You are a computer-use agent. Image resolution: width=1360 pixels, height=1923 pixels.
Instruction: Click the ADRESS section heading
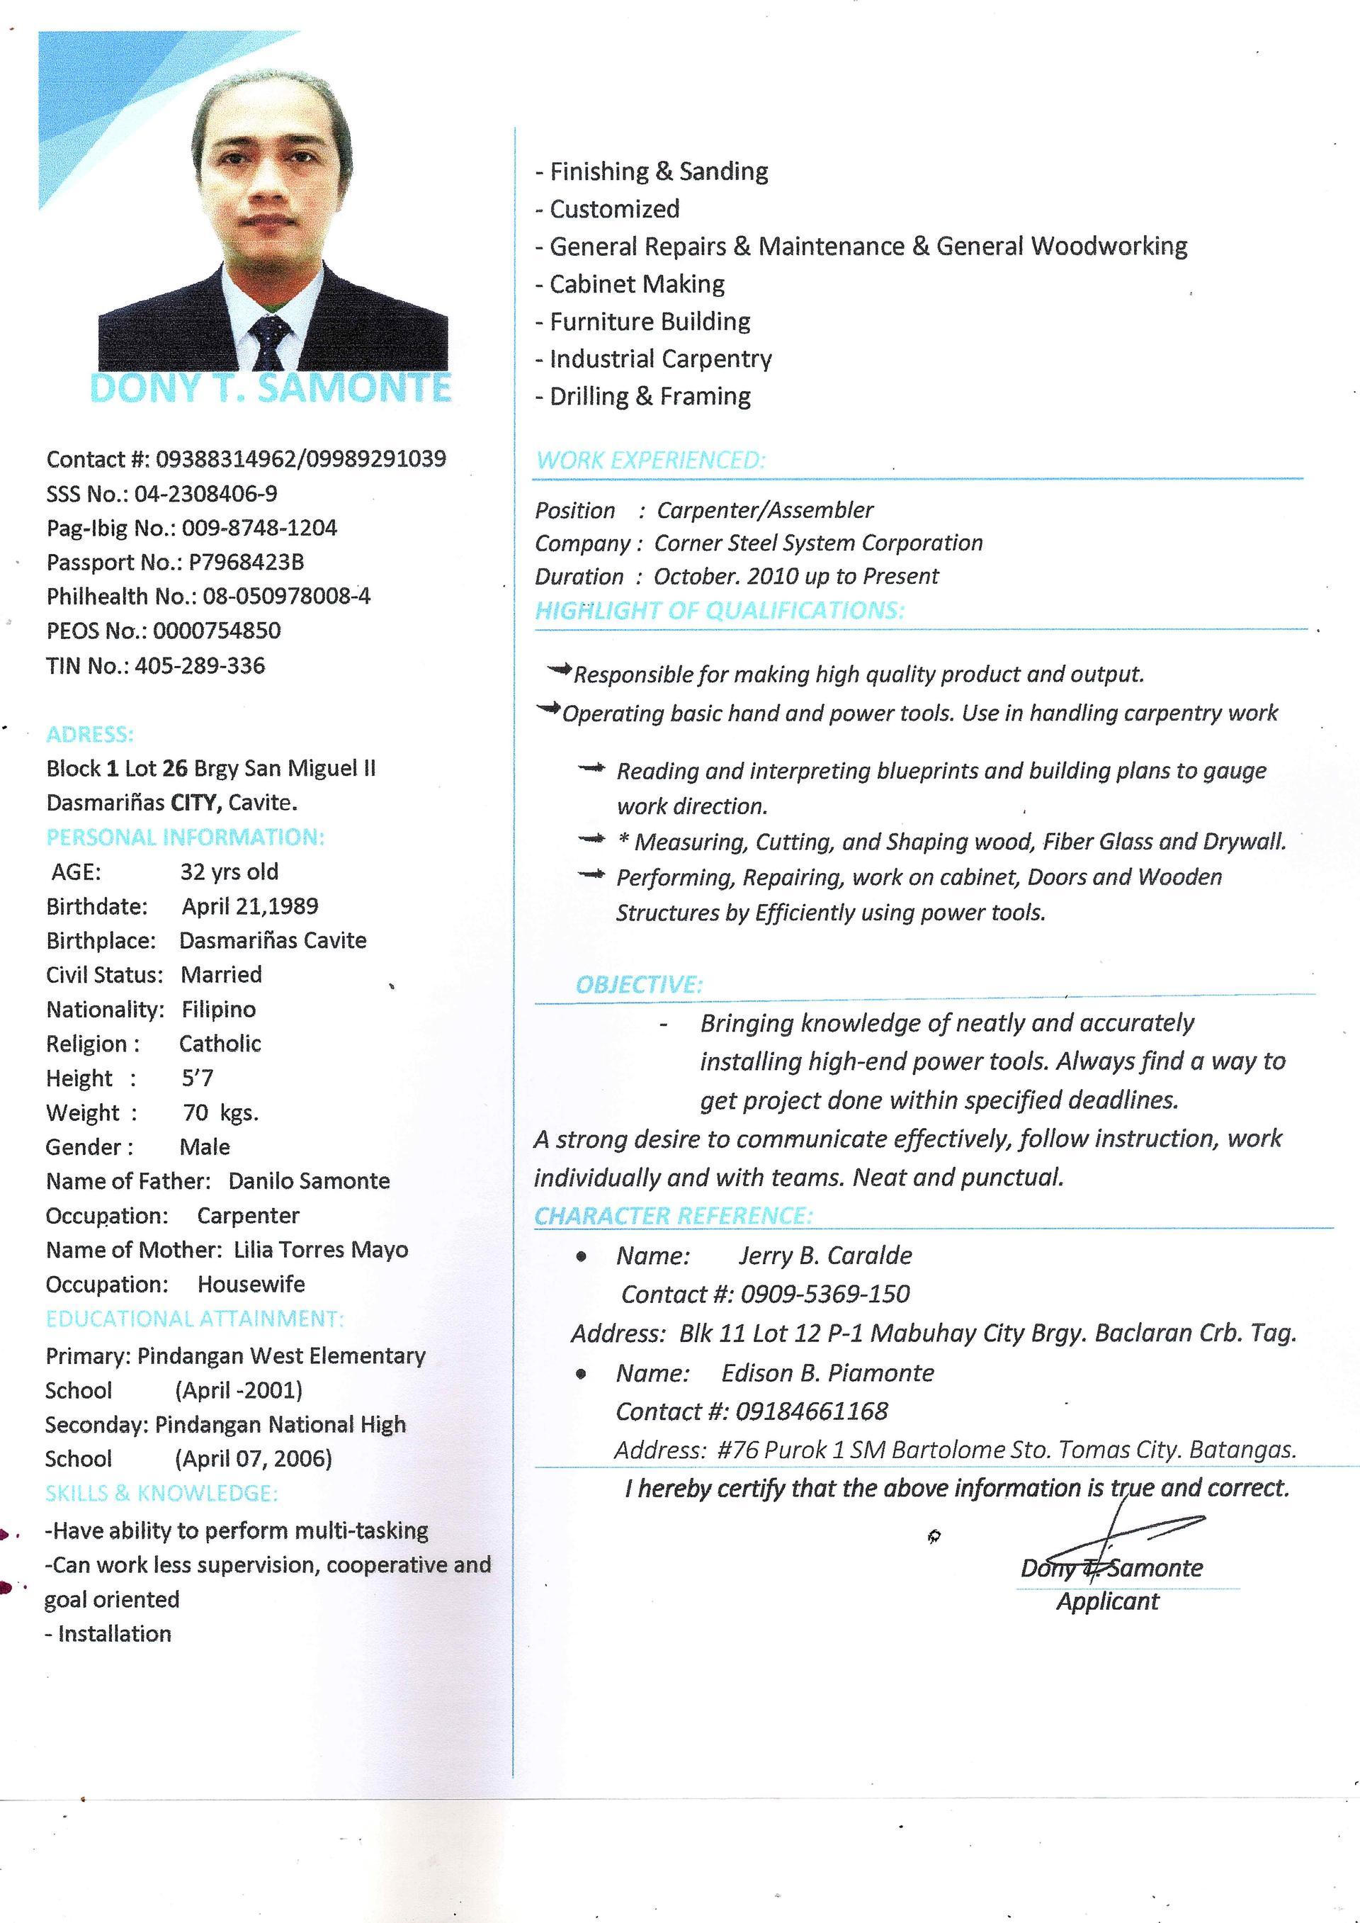tap(90, 735)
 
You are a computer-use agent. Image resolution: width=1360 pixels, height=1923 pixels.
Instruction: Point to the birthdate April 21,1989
tap(250, 906)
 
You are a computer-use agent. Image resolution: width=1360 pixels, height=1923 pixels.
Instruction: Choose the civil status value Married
tap(221, 975)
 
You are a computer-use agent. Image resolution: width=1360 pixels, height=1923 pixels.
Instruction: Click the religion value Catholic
tap(220, 1044)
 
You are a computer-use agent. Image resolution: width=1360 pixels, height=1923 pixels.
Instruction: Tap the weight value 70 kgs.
tap(221, 1112)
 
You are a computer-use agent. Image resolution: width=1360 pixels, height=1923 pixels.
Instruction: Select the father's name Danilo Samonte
tap(309, 1181)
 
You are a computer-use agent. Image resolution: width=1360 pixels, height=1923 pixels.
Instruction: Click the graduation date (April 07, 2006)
tap(254, 1459)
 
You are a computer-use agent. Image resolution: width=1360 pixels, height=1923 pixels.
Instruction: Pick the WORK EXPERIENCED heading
tap(651, 460)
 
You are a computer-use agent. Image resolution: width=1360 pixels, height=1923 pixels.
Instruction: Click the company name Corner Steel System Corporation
tap(818, 543)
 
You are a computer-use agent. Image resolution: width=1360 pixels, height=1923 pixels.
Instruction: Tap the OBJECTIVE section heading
tap(639, 984)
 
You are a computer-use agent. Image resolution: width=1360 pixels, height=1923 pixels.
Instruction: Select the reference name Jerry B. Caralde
tap(825, 1256)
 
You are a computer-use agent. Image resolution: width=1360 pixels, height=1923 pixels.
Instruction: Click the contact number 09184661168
tap(812, 1411)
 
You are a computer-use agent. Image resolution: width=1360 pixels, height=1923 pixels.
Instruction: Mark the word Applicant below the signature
tap(1107, 1601)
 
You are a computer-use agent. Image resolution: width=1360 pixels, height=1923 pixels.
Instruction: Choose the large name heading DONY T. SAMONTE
tap(271, 388)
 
